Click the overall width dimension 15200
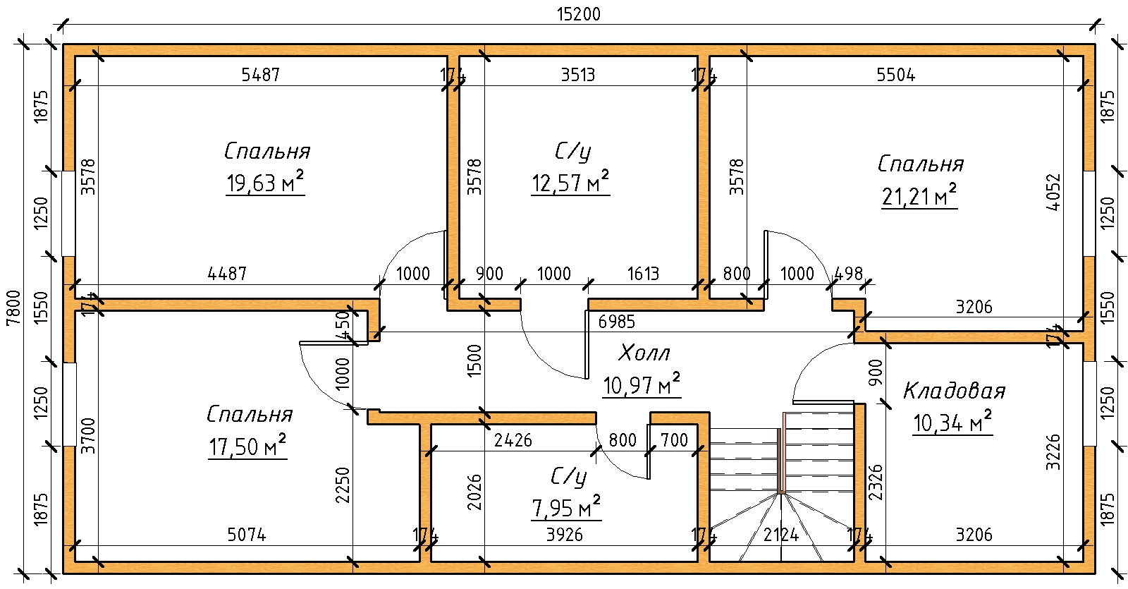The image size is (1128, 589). [x=578, y=15]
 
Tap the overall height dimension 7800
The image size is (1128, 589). [x=12, y=308]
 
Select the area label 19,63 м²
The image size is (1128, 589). [x=265, y=183]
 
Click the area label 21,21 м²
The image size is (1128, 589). [x=919, y=196]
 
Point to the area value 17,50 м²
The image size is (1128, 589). [x=247, y=447]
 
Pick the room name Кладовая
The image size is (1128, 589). [x=954, y=391]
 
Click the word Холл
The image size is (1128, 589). [x=644, y=353]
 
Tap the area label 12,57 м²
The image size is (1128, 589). [x=570, y=183]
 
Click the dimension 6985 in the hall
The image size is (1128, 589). [x=617, y=322]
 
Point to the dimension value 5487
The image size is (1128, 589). [x=261, y=75]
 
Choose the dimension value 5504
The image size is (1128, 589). [x=896, y=75]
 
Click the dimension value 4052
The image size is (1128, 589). [x=1053, y=192]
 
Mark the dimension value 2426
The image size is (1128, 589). [x=513, y=441]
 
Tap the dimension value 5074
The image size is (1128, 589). [x=247, y=535]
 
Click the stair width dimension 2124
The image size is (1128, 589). [x=781, y=535]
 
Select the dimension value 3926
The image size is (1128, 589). [x=565, y=535]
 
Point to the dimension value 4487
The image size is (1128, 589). [x=228, y=274]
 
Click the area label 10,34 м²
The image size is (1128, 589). [x=952, y=423]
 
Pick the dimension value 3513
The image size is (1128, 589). [x=578, y=75]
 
